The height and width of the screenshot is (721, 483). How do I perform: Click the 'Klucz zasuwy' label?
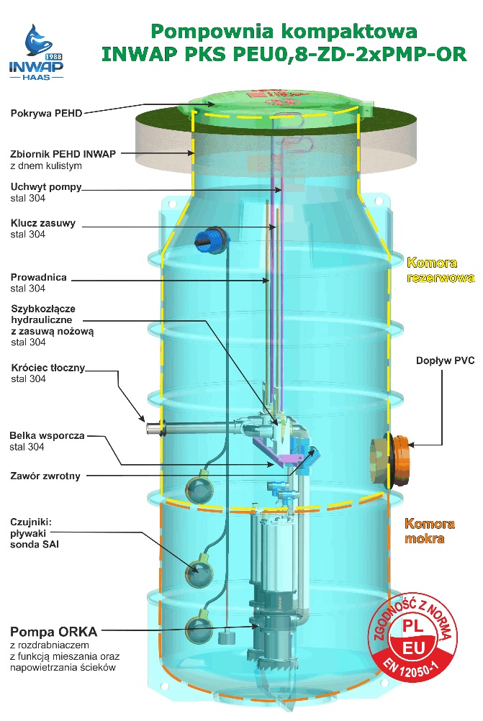tap(44, 223)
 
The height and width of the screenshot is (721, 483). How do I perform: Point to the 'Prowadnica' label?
tap(39, 277)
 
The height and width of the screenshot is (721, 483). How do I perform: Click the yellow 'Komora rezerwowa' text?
tap(431, 270)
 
